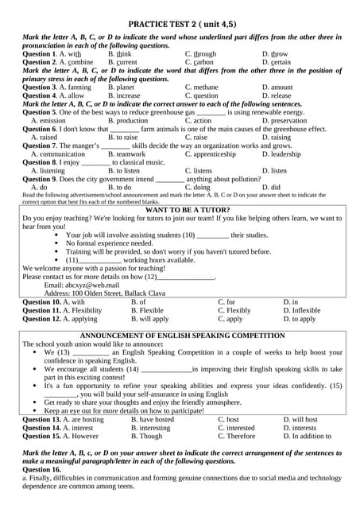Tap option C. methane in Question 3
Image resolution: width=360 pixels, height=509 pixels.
pos(202,87)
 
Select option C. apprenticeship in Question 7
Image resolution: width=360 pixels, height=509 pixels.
pos(213,154)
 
